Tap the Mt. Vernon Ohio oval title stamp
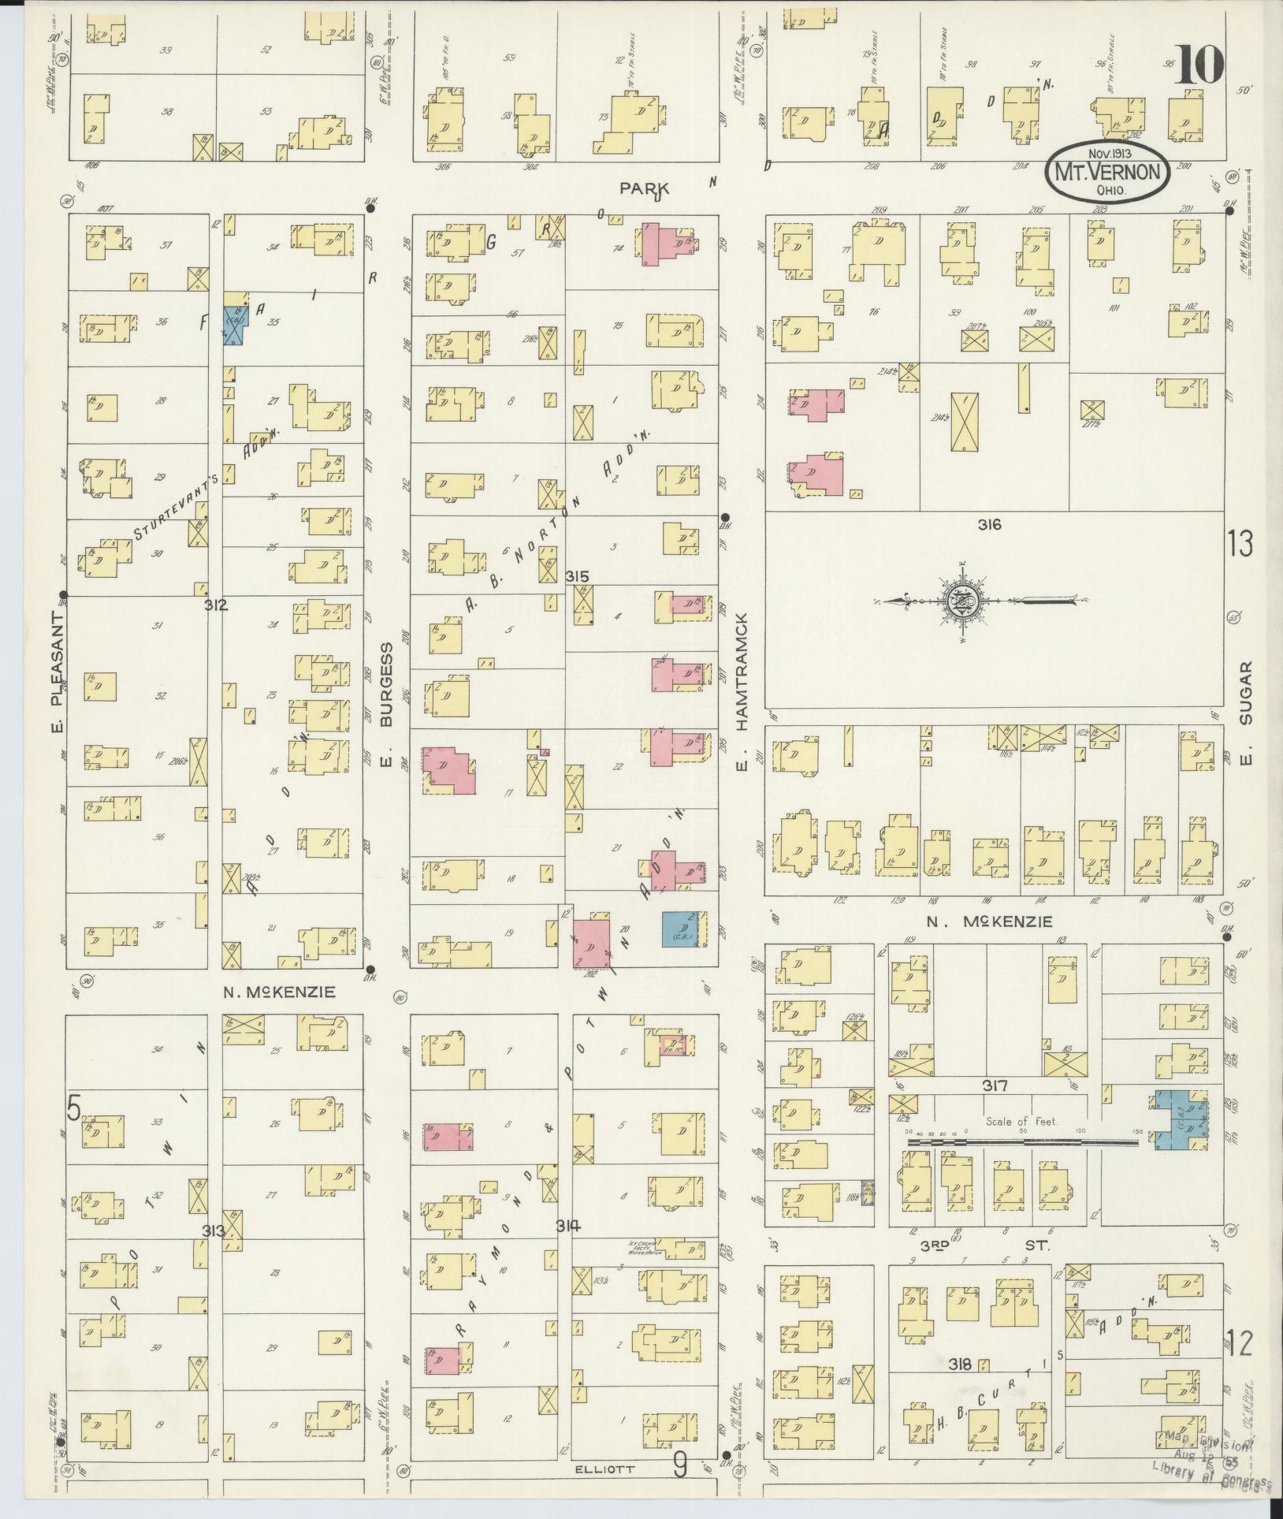pyautogui.click(x=1108, y=172)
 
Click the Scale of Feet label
pyautogui.click(x=1021, y=1122)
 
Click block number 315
pyautogui.click(x=577, y=578)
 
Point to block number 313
pyautogui.click(x=214, y=1231)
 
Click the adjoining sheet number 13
pyautogui.click(x=1240, y=545)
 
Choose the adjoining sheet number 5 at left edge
pyautogui.click(x=73, y=1110)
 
